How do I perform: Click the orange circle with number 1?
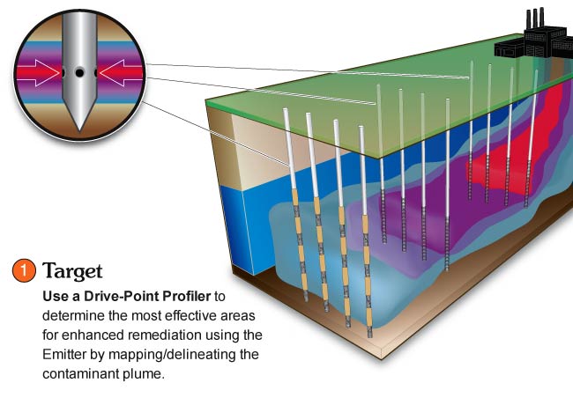coord(24,271)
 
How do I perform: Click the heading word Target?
coord(72,271)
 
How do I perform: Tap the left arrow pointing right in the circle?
coord(38,73)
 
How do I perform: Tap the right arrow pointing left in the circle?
coord(121,73)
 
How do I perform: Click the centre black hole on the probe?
coord(79,73)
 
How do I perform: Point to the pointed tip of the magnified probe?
coord(79,130)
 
